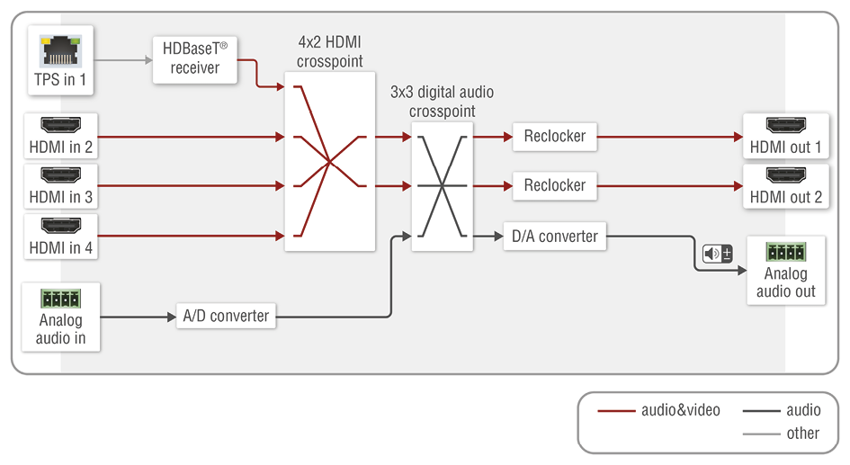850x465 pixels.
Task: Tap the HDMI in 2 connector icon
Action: [x=61, y=126]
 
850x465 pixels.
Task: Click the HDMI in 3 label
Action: [x=61, y=197]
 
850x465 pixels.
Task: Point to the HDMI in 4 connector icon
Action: [x=61, y=227]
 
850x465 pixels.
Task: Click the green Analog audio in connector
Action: [x=60, y=298]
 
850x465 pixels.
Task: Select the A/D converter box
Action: [x=226, y=316]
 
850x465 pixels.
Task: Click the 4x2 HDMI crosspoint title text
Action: [x=330, y=52]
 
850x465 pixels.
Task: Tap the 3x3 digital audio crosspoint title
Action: [x=442, y=102]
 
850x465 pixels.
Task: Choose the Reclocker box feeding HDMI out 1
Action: [x=554, y=137]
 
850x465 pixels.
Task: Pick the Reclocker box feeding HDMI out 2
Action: [x=554, y=185]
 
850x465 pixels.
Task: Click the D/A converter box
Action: [x=554, y=237]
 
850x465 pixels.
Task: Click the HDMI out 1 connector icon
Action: [x=785, y=126]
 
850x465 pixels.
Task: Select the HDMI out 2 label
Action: [x=785, y=197]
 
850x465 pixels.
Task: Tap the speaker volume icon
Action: [x=717, y=254]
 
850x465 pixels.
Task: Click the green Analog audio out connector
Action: [x=785, y=252]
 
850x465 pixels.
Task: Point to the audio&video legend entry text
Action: [x=680, y=410]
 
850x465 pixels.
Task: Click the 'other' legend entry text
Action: [x=802, y=434]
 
